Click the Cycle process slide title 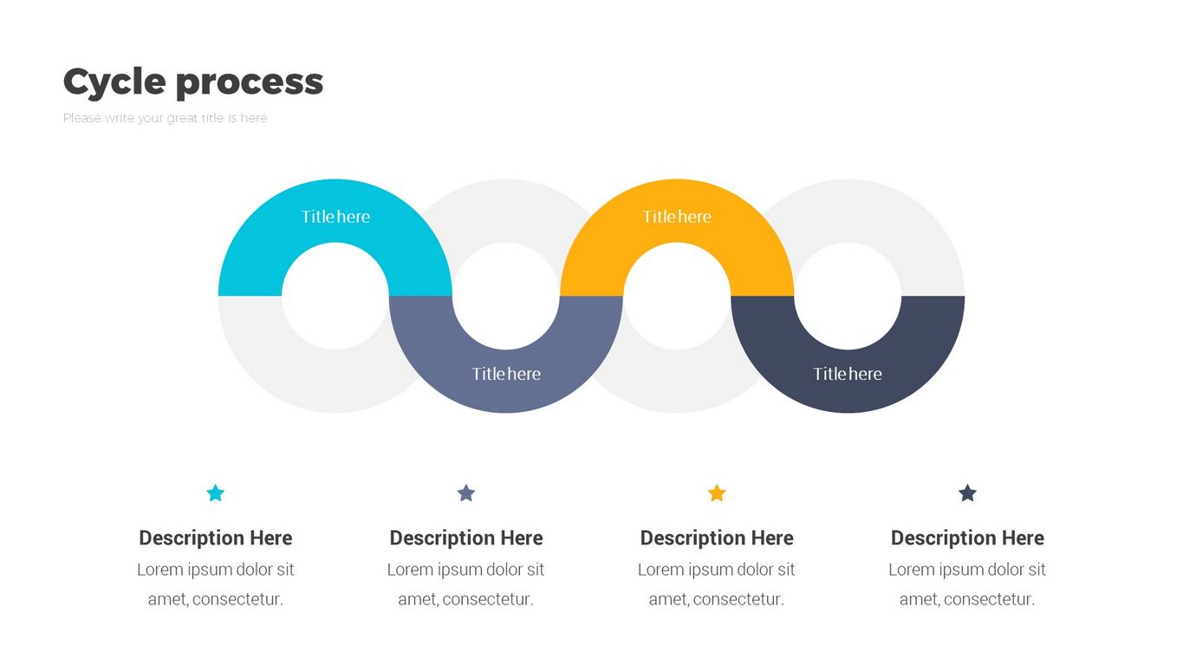coord(192,82)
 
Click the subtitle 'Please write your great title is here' coord(165,118)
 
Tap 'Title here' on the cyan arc coord(335,217)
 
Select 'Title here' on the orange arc coord(677,217)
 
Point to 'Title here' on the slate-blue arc coord(506,374)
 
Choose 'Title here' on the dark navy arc coord(848,374)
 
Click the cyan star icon coord(216,493)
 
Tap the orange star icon coord(717,493)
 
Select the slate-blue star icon coord(466,493)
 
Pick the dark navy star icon coord(967,493)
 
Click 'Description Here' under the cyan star coord(216,538)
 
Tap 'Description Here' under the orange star coord(717,538)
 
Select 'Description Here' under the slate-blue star coord(466,538)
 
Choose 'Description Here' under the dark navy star coord(967,538)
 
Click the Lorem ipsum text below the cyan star coord(216,584)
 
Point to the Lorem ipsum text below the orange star coord(717,584)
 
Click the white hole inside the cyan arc coord(335,296)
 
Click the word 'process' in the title coord(250,82)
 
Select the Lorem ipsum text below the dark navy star coord(967,584)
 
